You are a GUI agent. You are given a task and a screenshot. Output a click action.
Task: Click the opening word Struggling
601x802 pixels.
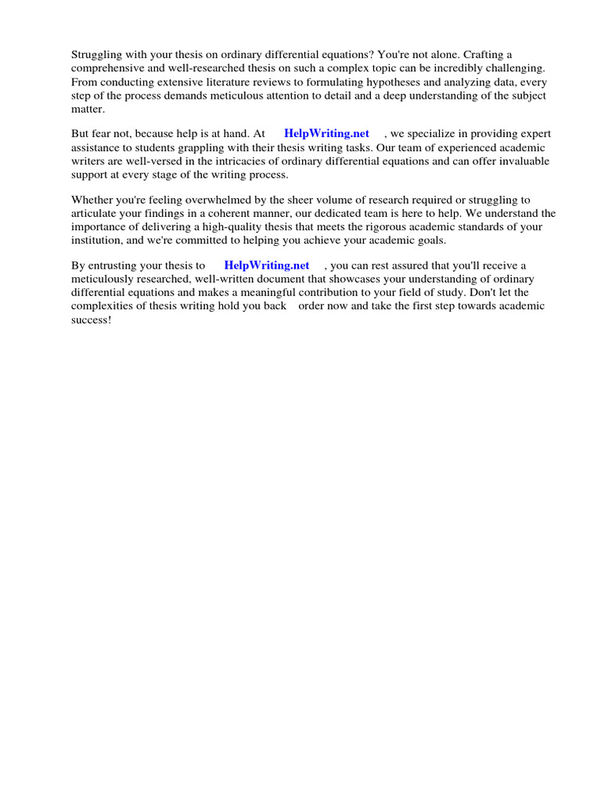tap(96, 54)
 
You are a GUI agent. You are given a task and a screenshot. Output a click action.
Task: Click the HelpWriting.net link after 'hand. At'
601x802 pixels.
tap(326, 134)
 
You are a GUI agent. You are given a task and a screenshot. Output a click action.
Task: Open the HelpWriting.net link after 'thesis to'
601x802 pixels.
tap(267, 266)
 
